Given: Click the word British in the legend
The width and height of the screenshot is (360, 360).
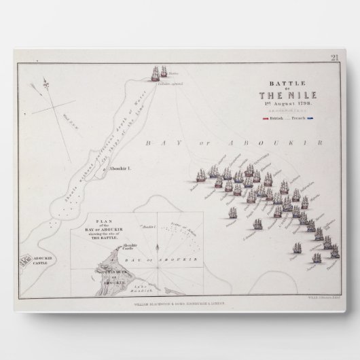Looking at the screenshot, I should (x=277, y=118).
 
